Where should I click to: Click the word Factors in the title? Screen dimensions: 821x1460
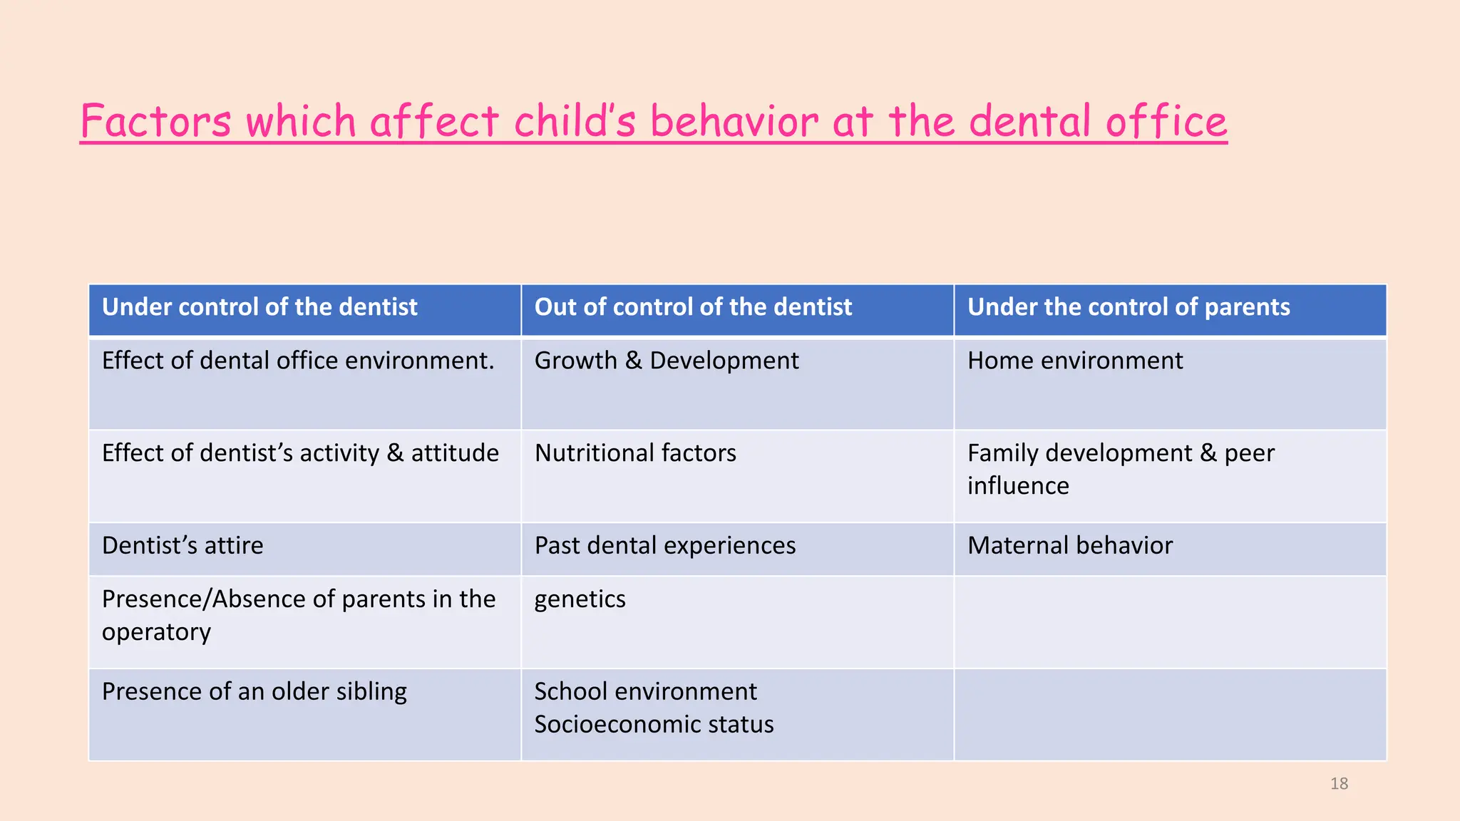[155, 121]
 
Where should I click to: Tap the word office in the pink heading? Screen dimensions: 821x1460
[1166, 121]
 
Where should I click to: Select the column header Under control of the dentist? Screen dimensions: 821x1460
[259, 307]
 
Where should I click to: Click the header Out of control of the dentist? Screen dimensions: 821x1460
[693, 307]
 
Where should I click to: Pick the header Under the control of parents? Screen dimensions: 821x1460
[1129, 307]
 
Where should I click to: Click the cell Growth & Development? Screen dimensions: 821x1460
[667, 361]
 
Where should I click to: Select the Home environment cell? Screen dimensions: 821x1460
[1075, 361]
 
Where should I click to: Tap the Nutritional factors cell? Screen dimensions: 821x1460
[635, 453]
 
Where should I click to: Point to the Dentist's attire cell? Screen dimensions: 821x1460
[182, 546]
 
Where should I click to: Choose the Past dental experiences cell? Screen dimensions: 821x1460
[665, 546]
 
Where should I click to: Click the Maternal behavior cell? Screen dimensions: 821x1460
[1070, 546]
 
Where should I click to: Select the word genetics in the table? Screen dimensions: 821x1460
[580, 599]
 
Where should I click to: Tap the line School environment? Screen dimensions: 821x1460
[645, 691]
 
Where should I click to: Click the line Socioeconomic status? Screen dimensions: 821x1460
[654, 725]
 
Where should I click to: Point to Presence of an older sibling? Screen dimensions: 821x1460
[255, 692]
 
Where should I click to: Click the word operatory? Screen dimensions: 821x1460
[156, 633]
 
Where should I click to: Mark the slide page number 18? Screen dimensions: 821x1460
[1339, 784]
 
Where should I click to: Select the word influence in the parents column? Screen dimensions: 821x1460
[1018, 486]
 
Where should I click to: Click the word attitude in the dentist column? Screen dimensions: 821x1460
[455, 453]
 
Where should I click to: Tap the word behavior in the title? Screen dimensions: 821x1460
[734, 121]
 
